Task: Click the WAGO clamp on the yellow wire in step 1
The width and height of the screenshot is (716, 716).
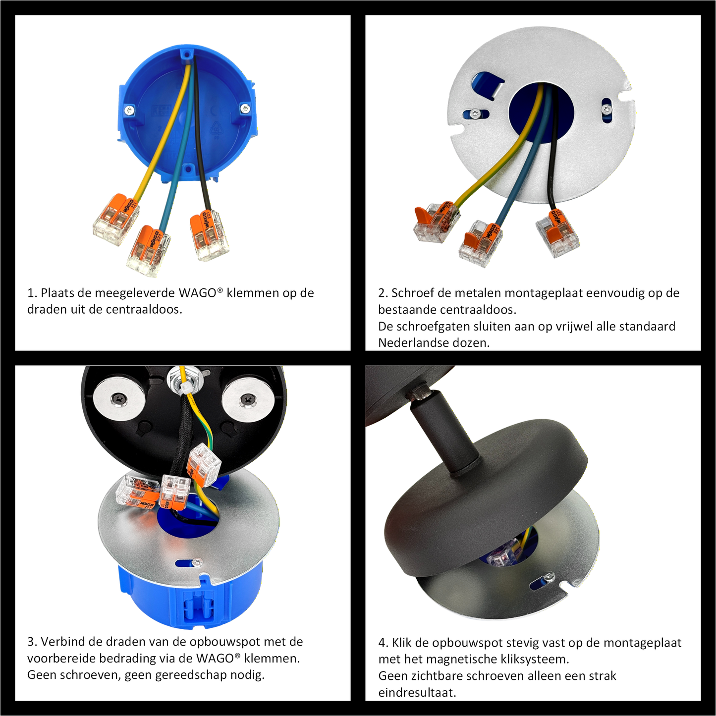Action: (116, 220)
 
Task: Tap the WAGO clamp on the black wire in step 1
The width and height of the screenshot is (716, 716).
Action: (209, 236)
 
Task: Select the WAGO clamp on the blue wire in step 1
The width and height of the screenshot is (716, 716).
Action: (148, 252)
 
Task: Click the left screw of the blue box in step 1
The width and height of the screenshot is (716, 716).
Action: (130, 110)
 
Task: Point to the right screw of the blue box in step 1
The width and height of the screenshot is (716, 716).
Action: (245, 108)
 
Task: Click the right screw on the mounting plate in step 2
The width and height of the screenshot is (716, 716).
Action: (606, 109)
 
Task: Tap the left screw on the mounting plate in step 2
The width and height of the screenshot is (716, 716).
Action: (475, 113)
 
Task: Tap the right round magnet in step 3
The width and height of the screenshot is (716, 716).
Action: (248, 399)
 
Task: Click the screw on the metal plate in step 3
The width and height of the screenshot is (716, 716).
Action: (197, 562)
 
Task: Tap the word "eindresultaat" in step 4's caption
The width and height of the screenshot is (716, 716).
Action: (417, 692)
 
